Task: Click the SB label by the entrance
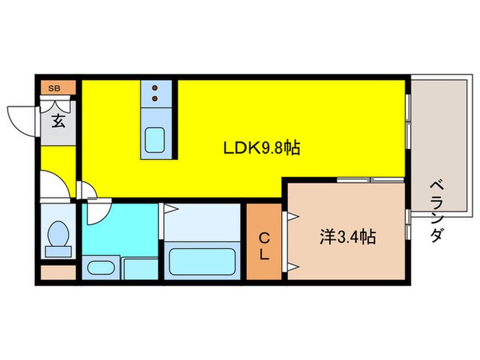pyautogui.click(x=54, y=88)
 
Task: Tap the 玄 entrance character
pyautogui.click(x=58, y=121)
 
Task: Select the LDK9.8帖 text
pyautogui.click(x=262, y=148)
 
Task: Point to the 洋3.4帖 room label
pyautogui.click(x=348, y=237)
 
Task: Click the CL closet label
pyautogui.click(x=265, y=246)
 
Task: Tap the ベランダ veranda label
pyautogui.click(x=437, y=211)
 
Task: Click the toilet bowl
pyautogui.click(x=58, y=234)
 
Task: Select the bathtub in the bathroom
pyautogui.click(x=202, y=262)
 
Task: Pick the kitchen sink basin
pyautogui.click(x=155, y=140)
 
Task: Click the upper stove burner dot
pyautogui.click(x=155, y=88)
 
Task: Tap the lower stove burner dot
pyautogui.click(x=155, y=98)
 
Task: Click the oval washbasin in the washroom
pyautogui.click(x=101, y=267)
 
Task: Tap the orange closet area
pyautogui.click(x=264, y=241)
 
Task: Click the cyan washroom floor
pyautogui.click(x=120, y=230)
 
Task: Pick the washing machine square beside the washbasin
pyautogui.click(x=141, y=269)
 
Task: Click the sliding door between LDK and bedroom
pyautogui.click(x=371, y=180)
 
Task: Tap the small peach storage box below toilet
pyautogui.click(x=58, y=272)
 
